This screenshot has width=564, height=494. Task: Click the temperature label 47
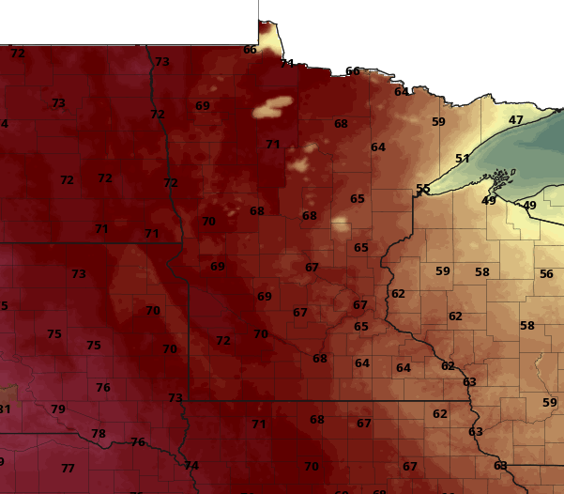click(x=516, y=120)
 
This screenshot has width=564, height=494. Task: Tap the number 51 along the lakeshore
click(x=463, y=159)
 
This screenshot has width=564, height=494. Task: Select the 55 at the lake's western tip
click(x=423, y=189)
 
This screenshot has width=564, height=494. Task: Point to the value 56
click(x=546, y=274)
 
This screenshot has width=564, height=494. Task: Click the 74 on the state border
click(x=191, y=466)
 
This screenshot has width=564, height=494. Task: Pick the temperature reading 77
click(x=68, y=469)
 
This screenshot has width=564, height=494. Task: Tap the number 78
click(x=99, y=434)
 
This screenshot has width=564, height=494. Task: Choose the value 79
click(x=58, y=409)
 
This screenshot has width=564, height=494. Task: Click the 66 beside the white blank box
click(x=250, y=50)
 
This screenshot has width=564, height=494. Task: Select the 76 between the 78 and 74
click(x=138, y=442)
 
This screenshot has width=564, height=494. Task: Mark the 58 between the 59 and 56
click(x=482, y=272)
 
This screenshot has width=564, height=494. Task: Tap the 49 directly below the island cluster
click(x=489, y=201)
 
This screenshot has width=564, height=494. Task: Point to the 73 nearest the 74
click(x=175, y=398)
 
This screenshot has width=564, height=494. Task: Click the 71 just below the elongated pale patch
click(x=273, y=145)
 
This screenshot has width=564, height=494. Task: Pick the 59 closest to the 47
click(x=438, y=122)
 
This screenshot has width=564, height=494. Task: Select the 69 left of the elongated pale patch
click(x=203, y=106)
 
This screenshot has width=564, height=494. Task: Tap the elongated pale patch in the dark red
click(x=272, y=107)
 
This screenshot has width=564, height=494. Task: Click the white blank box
click(x=129, y=22)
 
